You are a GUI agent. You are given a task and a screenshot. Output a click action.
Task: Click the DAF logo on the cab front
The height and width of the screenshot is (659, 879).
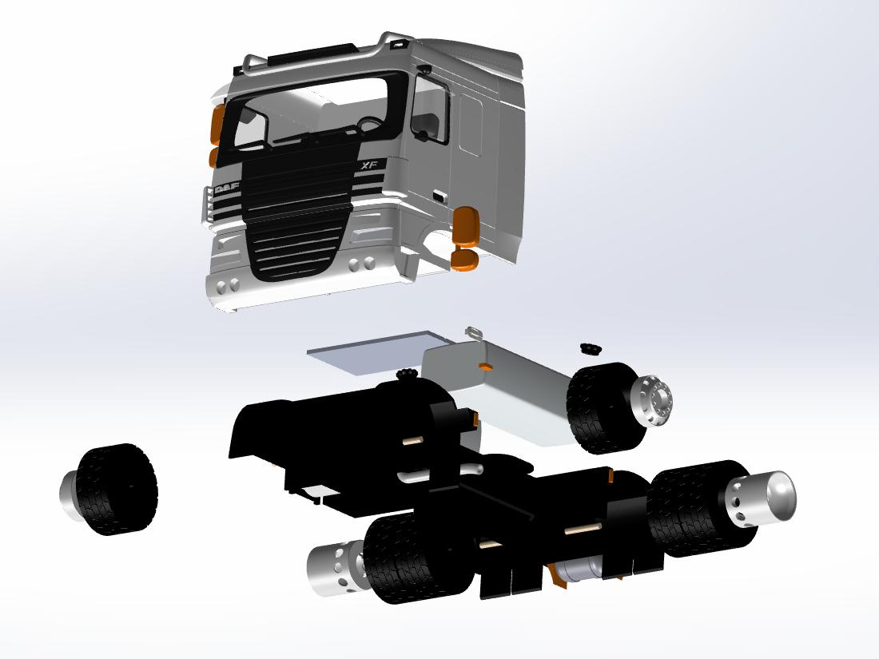226,189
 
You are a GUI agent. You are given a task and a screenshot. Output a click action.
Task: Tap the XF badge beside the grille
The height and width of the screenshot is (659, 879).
369,165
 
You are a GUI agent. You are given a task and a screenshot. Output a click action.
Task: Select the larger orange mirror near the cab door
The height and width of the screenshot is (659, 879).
466,226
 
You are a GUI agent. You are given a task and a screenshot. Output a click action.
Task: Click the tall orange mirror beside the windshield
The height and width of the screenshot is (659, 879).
217,125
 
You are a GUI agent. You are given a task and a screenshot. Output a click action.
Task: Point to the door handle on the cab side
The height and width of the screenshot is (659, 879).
440,196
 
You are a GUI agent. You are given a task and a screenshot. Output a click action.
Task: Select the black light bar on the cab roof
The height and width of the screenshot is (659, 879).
311,52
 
